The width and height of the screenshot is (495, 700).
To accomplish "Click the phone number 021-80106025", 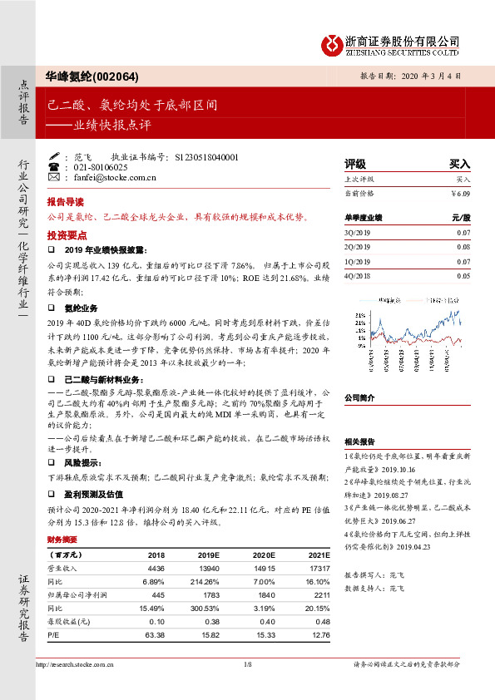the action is click(x=102, y=167).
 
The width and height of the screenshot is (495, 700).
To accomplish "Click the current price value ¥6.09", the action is click(x=460, y=194).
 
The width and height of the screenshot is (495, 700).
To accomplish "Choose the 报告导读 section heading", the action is click(x=66, y=202).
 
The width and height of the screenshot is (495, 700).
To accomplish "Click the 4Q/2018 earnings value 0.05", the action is click(x=463, y=274).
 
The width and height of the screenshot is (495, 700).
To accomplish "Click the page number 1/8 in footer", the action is click(x=246, y=664).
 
